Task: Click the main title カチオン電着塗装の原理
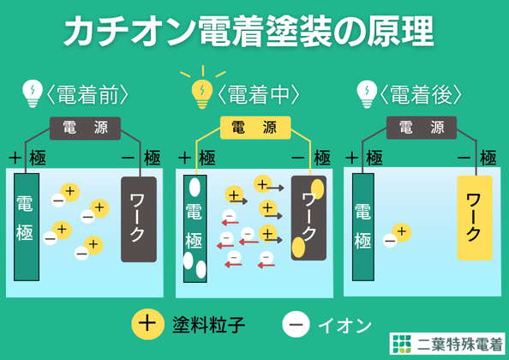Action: [249, 32]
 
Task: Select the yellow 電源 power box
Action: [255, 128]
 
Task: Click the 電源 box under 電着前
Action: [85, 129]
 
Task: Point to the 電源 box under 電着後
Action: [422, 128]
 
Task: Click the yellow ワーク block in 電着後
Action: [475, 218]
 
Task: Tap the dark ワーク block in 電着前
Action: [139, 219]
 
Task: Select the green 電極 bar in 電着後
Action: [363, 227]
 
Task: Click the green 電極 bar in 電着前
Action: [27, 227]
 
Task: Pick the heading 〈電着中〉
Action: [258, 95]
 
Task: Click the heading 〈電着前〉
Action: [87, 95]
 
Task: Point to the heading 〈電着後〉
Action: [421, 95]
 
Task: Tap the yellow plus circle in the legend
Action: [147, 324]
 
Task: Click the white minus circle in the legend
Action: [296, 324]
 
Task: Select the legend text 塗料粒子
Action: [209, 324]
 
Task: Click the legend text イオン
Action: [344, 326]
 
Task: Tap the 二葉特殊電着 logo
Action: [447, 344]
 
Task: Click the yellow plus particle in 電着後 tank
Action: [402, 232]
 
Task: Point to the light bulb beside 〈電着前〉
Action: [33, 93]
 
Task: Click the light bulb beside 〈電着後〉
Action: [367, 94]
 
